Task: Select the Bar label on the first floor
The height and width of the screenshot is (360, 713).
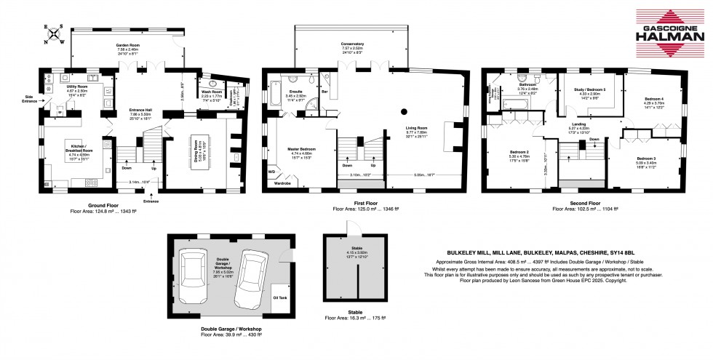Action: [325, 93]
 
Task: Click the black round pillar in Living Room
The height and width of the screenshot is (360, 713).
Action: [403, 112]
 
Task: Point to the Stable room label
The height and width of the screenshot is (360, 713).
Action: [353, 247]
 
